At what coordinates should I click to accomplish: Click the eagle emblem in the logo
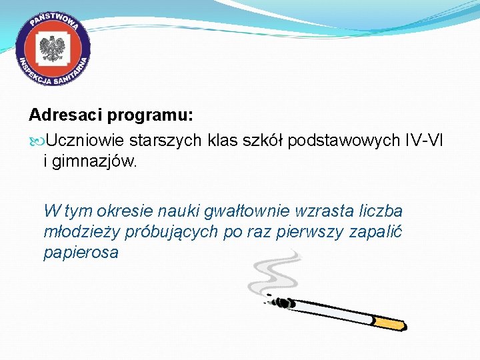coord(53,50)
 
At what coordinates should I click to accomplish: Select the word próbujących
coord(164,232)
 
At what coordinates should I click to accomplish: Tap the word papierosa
coord(81,253)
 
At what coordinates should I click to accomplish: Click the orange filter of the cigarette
coord(389,323)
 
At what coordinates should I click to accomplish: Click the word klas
coord(226,141)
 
